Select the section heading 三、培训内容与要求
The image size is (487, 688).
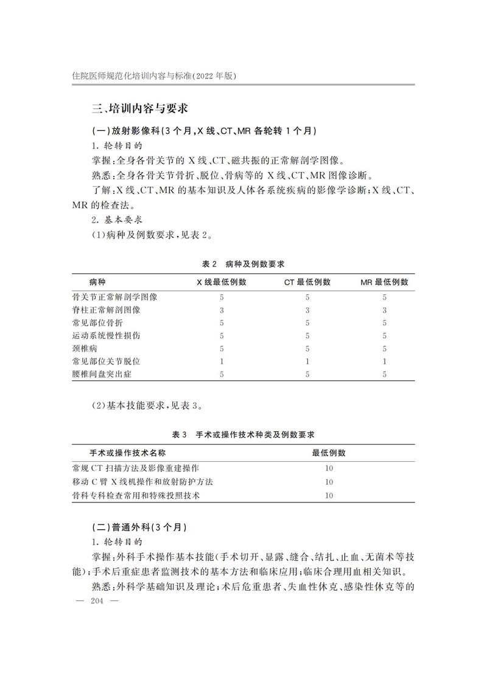[139, 109]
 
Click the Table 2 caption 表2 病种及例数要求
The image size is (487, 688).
[243, 264]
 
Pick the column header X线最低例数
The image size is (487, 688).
[221, 282]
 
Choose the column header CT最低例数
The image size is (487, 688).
[307, 282]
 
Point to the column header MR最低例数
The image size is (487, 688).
[384, 282]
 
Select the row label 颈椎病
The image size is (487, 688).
[85, 349]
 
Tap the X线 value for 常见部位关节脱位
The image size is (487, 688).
[222, 361]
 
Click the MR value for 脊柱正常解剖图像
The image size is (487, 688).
[384, 310]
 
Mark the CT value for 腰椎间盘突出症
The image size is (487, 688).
[307, 374]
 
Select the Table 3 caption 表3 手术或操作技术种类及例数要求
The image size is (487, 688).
[243, 435]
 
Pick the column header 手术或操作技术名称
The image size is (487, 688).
[128, 453]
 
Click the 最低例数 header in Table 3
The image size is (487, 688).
[329, 453]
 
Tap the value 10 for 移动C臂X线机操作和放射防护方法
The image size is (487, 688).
[329, 482]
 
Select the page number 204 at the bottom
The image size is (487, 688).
[98, 601]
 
